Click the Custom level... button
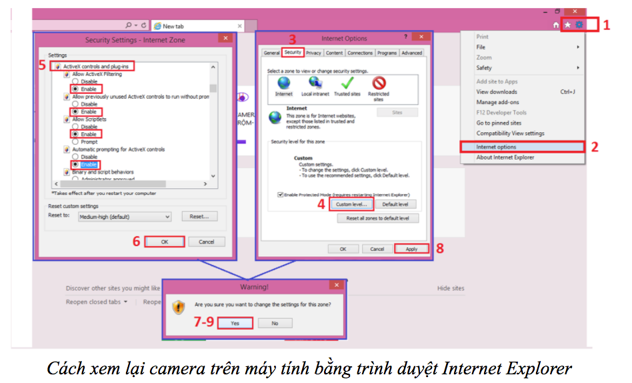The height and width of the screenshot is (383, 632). point(351,204)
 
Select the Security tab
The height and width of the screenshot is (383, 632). point(293,52)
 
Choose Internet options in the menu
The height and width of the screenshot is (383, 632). point(496,147)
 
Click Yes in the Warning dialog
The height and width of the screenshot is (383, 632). point(235,323)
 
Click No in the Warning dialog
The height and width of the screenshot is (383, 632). point(275,323)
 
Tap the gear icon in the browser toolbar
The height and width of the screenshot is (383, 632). point(579,25)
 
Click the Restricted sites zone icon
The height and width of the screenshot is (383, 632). point(379,83)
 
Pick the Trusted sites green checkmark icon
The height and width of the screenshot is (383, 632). point(347,83)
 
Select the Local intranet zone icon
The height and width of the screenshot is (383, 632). point(315,83)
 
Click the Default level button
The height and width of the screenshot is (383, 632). point(395,204)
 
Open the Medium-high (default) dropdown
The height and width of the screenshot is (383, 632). point(125,217)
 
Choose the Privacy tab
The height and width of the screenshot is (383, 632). point(313,53)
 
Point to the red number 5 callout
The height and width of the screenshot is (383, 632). point(42,65)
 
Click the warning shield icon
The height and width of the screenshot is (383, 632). point(178,307)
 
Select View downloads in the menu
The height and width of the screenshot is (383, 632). point(497,92)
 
